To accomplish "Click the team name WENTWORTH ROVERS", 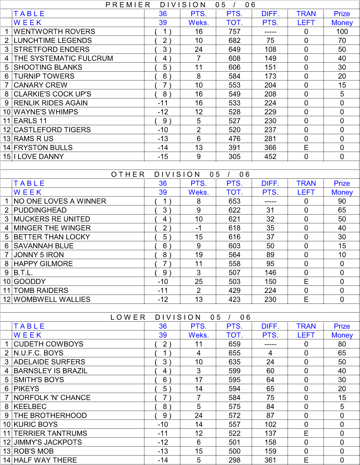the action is coord(54,32).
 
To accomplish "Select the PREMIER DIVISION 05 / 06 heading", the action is coord(181,5).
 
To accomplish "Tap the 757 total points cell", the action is coord(234,32).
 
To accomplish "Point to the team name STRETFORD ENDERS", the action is coord(52,50).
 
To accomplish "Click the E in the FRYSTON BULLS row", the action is coord(306,148).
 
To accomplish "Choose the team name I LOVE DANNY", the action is coord(39,157).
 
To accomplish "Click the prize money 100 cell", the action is coord(342,32).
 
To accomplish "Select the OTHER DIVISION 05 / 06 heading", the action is coord(181,174).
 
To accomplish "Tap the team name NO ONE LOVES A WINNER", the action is coord(60,201).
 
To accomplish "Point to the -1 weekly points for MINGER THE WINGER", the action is coord(199,228).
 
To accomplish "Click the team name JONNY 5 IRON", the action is coord(39,255).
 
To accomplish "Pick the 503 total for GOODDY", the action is coord(234,282).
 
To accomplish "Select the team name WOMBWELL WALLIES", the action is coord(52,300).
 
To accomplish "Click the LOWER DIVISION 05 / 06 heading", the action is coord(181,317).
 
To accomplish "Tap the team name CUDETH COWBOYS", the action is coord(49,344).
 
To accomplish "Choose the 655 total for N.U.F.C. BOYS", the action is coord(234,353).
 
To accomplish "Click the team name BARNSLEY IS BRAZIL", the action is coord(51,371).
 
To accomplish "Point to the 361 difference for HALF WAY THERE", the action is coord(270,460).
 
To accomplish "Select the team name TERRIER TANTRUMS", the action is coord(50,433).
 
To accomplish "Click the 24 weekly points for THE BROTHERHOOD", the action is coord(199,415).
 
